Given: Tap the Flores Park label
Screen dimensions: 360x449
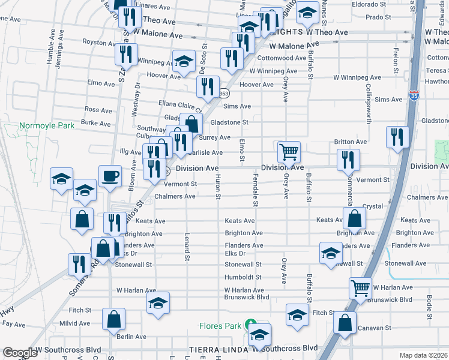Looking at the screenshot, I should [220, 326].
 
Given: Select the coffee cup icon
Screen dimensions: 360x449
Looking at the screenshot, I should [109, 176].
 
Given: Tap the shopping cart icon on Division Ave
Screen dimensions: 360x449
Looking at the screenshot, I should [289, 152].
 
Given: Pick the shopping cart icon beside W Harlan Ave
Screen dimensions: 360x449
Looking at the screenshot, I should [360, 289].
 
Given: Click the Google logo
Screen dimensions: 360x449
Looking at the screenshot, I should [20, 353].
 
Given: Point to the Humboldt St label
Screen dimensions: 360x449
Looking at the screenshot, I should [243, 277].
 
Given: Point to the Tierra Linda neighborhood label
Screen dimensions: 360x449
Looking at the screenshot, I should [215, 349].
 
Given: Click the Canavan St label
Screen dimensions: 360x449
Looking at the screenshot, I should [374, 328].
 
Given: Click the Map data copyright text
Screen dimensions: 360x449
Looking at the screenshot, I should [424, 355].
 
